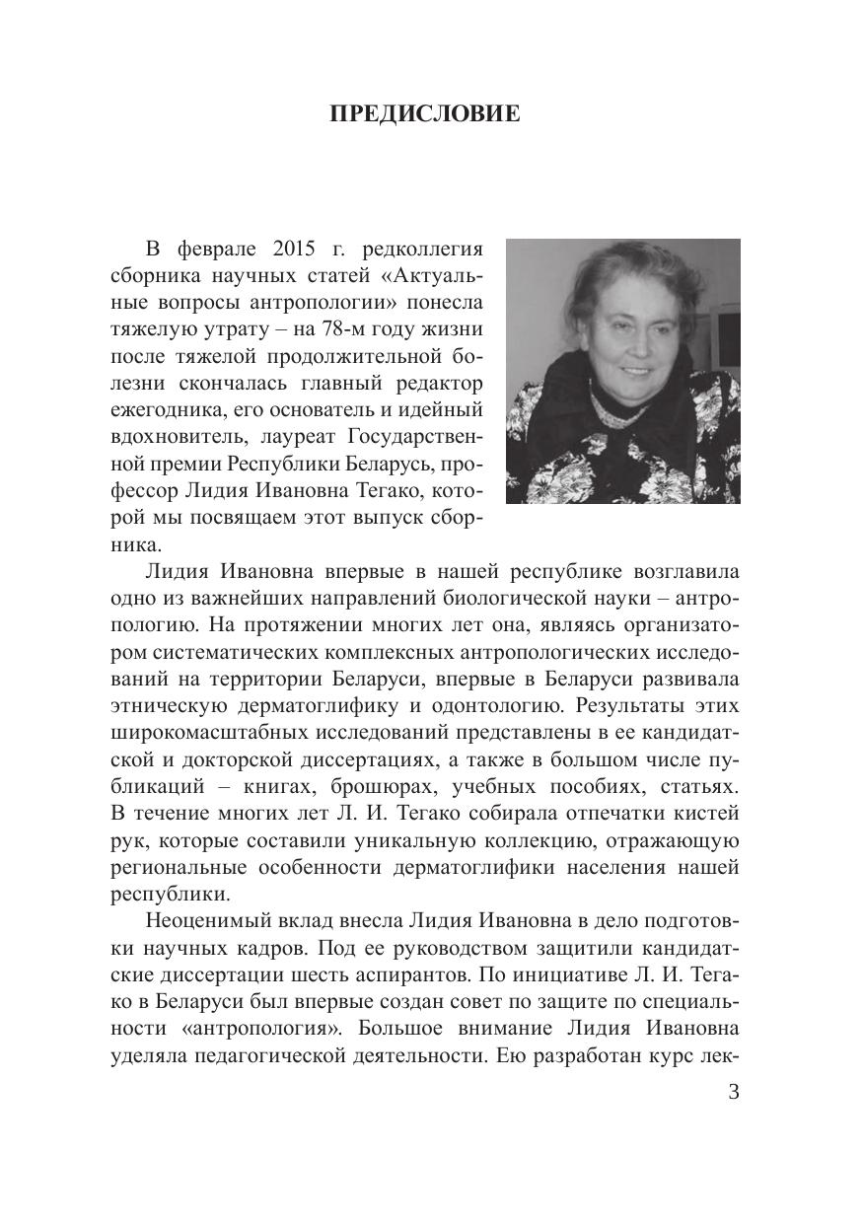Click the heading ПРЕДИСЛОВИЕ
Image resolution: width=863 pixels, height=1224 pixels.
(x=424, y=115)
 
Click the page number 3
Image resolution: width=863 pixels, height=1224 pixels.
(x=732, y=1092)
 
